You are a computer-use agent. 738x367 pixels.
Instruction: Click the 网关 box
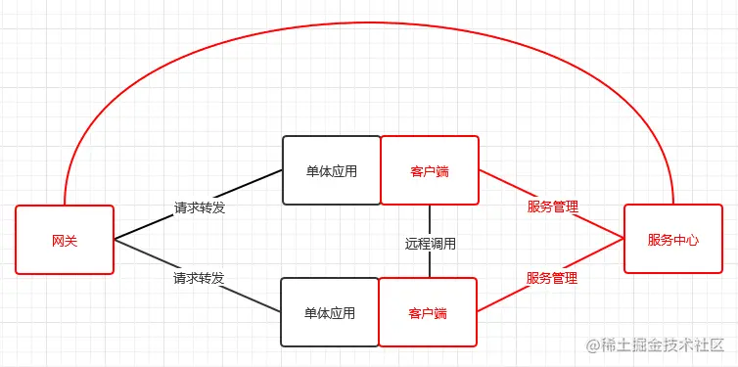[x=65, y=239]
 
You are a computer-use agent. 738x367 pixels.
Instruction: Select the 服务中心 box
[x=672, y=238]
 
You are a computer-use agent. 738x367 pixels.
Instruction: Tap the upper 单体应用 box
[x=331, y=170]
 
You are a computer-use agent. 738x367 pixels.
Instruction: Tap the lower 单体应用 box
[x=329, y=312]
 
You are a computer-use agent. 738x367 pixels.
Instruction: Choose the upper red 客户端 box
[x=429, y=170]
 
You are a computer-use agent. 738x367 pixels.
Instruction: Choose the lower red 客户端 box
[x=428, y=312]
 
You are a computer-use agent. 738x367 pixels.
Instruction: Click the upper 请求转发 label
[x=200, y=207]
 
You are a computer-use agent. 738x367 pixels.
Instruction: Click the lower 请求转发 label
[x=200, y=278]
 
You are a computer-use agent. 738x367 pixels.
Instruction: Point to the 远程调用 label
[x=431, y=243]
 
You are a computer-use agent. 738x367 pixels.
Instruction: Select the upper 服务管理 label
[x=552, y=206]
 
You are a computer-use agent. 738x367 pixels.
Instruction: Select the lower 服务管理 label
[x=552, y=278]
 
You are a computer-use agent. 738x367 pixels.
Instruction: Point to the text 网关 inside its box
[x=65, y=240]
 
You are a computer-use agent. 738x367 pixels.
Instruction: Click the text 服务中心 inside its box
[x=672, y=239]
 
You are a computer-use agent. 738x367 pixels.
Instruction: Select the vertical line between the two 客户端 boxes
[x=430, y=220]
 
